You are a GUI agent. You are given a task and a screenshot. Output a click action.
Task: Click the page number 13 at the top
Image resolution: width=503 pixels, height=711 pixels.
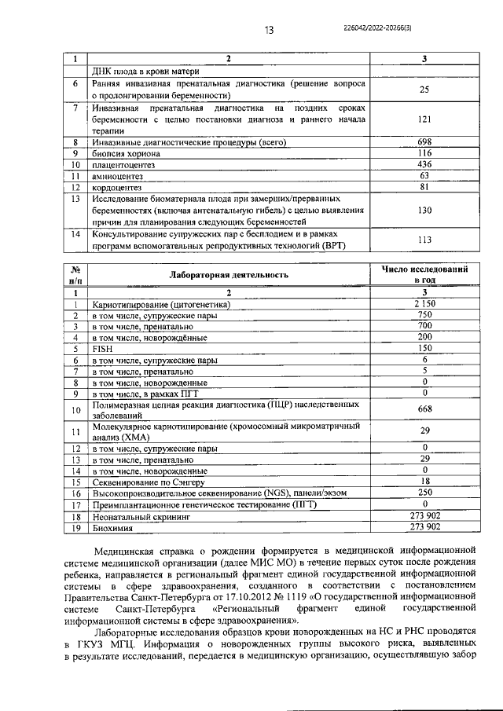pos(269,31)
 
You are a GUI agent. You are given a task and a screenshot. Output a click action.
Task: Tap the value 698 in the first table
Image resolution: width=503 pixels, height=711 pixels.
pos(424,142)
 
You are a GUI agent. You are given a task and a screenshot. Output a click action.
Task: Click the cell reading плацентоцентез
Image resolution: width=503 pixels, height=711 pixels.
pos(125,165)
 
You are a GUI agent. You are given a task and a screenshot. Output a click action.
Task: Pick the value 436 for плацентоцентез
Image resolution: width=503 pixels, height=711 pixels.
pos(424,165)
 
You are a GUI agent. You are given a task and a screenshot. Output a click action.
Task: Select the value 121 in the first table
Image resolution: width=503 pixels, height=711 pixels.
pos(424,119)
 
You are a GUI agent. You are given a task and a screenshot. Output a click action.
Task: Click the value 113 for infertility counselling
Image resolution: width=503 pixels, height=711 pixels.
pos(424,240)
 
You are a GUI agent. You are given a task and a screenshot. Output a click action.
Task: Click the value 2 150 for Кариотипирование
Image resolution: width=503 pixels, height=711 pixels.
pos(424,303)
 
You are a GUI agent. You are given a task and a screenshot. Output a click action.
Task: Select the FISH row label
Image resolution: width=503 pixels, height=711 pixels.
pos(103,347)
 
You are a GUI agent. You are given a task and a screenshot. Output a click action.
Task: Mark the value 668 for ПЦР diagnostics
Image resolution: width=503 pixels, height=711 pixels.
pos(424,409)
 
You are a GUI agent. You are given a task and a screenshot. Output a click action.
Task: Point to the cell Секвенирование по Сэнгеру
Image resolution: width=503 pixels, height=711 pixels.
pos(149,482)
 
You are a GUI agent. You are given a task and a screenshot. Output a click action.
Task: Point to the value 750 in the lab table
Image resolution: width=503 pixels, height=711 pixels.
pos(424,314)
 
